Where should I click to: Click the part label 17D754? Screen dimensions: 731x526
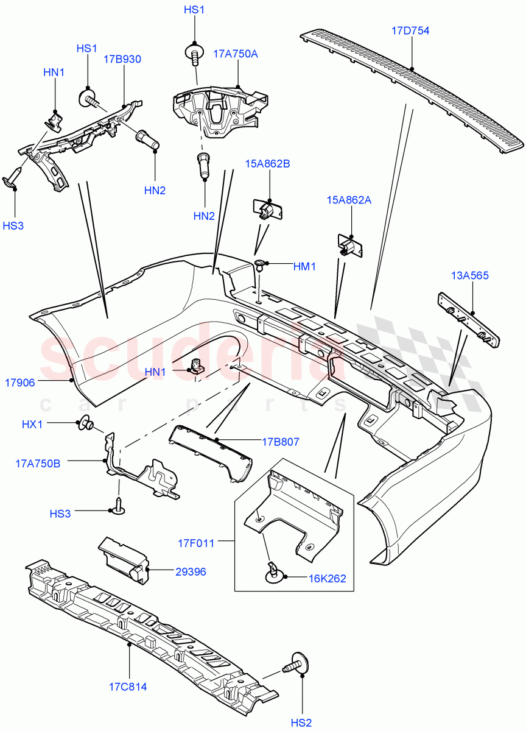[x=411, y=30]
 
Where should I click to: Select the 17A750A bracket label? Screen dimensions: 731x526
[x=236, y=54]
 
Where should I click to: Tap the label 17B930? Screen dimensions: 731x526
[x=122, y=59]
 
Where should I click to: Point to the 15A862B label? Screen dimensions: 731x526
[x=267, y=163]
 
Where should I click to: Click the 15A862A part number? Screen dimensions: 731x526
[x=349, y=199]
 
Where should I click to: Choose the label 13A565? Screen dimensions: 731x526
[x=470, y=275]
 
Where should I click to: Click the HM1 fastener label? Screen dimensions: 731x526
[x=305, y=266]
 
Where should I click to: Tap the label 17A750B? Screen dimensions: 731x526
[x=38, y=463]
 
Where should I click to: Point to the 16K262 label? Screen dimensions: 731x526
[x=326, y=578]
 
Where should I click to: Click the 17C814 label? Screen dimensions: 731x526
[x=128, y=687]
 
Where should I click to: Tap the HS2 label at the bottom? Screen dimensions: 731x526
[x=301, y=722]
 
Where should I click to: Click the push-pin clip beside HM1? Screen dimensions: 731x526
[x=261, y=264]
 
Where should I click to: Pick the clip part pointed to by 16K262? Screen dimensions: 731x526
[x=273, y=572]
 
